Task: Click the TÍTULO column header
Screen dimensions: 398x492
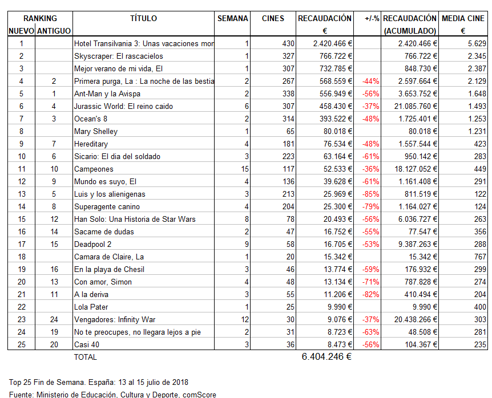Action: pyautogui.click(x=143, y=18)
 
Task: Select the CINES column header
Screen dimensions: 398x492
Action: pyautogui.click(x=273, y=18)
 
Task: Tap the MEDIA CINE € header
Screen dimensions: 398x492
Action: pyautogui.click(x=463, y=24)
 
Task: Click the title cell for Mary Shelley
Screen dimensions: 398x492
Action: pyautogui.click(x=95, y=131)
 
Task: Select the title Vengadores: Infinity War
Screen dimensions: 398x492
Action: pyautogui.click(x=114, y=319)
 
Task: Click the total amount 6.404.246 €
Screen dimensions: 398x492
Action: pyautogui.click(x=326, y=357)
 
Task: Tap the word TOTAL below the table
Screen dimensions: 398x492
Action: pyautogui.click(x=85, y=357)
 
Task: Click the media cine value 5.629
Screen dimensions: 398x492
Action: pyautogui.click(x=477, y=43)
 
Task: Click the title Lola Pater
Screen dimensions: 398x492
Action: pyautogui.click(x=91, y=307)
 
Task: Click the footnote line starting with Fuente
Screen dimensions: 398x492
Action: pyautogui.click(x=112, y=394)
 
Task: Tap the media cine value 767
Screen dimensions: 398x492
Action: pyautogui.click(x=479, y=257)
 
